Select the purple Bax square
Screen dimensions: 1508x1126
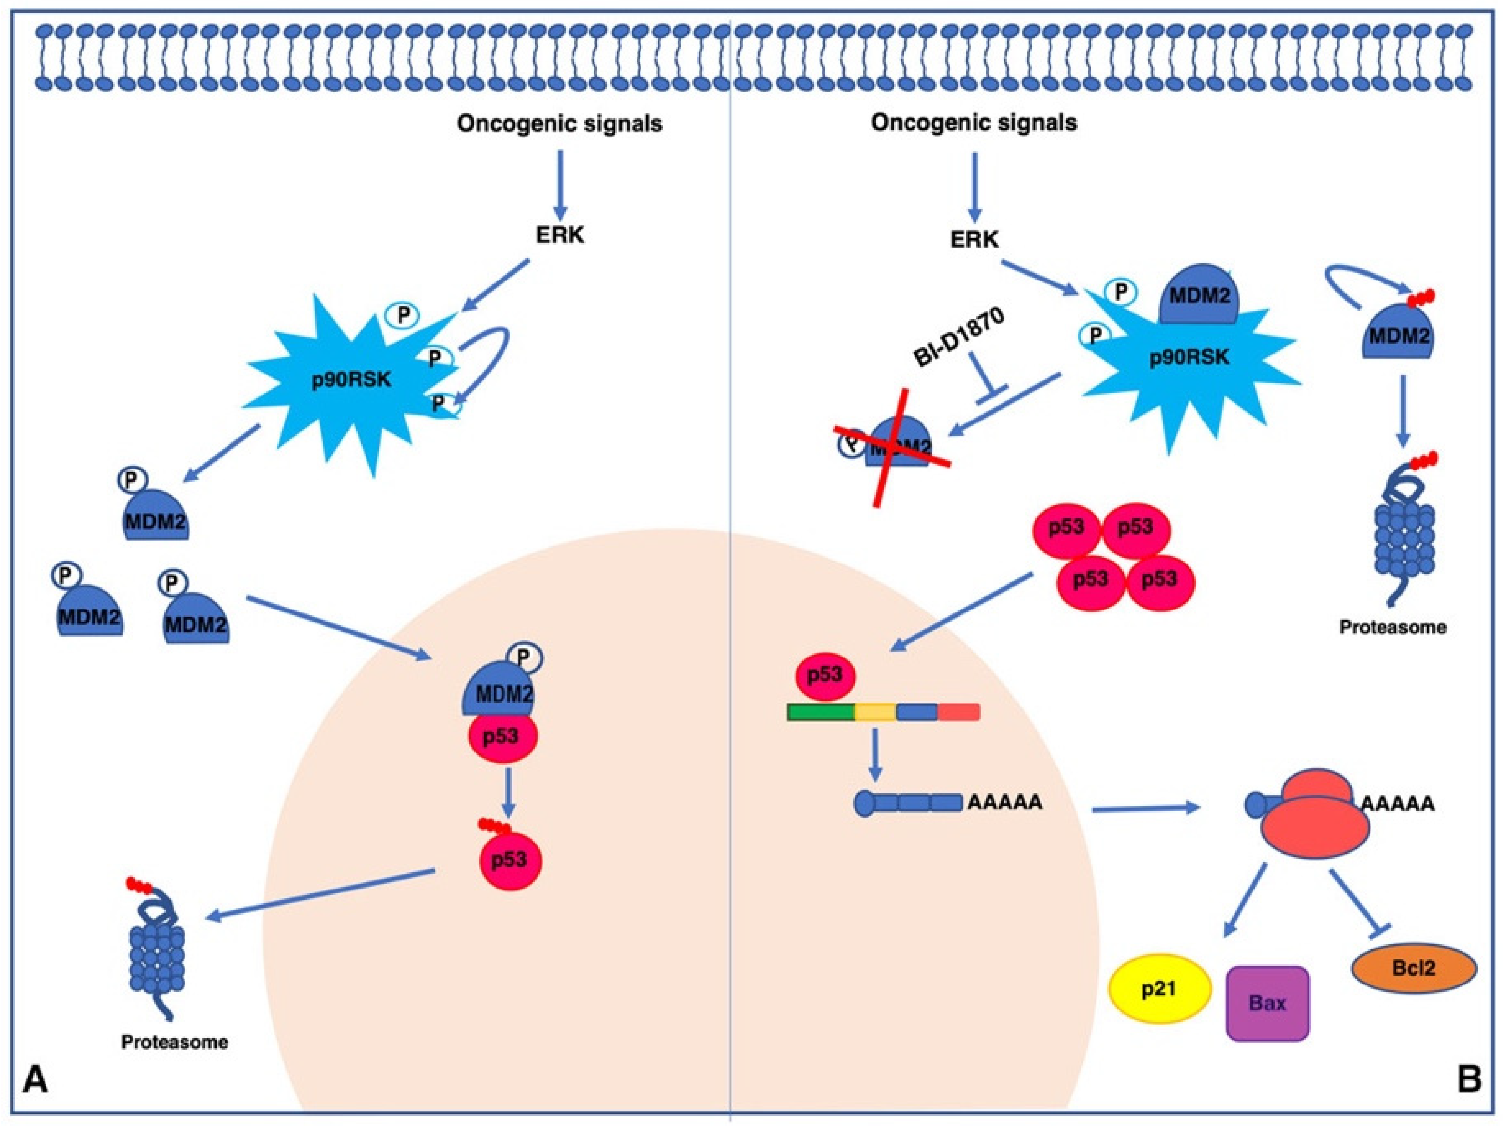pos(1268,1003)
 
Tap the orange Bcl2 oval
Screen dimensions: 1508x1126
pos(1414,968)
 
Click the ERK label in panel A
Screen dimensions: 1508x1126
pos(559,236)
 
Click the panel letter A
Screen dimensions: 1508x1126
pos(36,1082)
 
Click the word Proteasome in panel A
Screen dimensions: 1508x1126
pos(175,1042)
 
